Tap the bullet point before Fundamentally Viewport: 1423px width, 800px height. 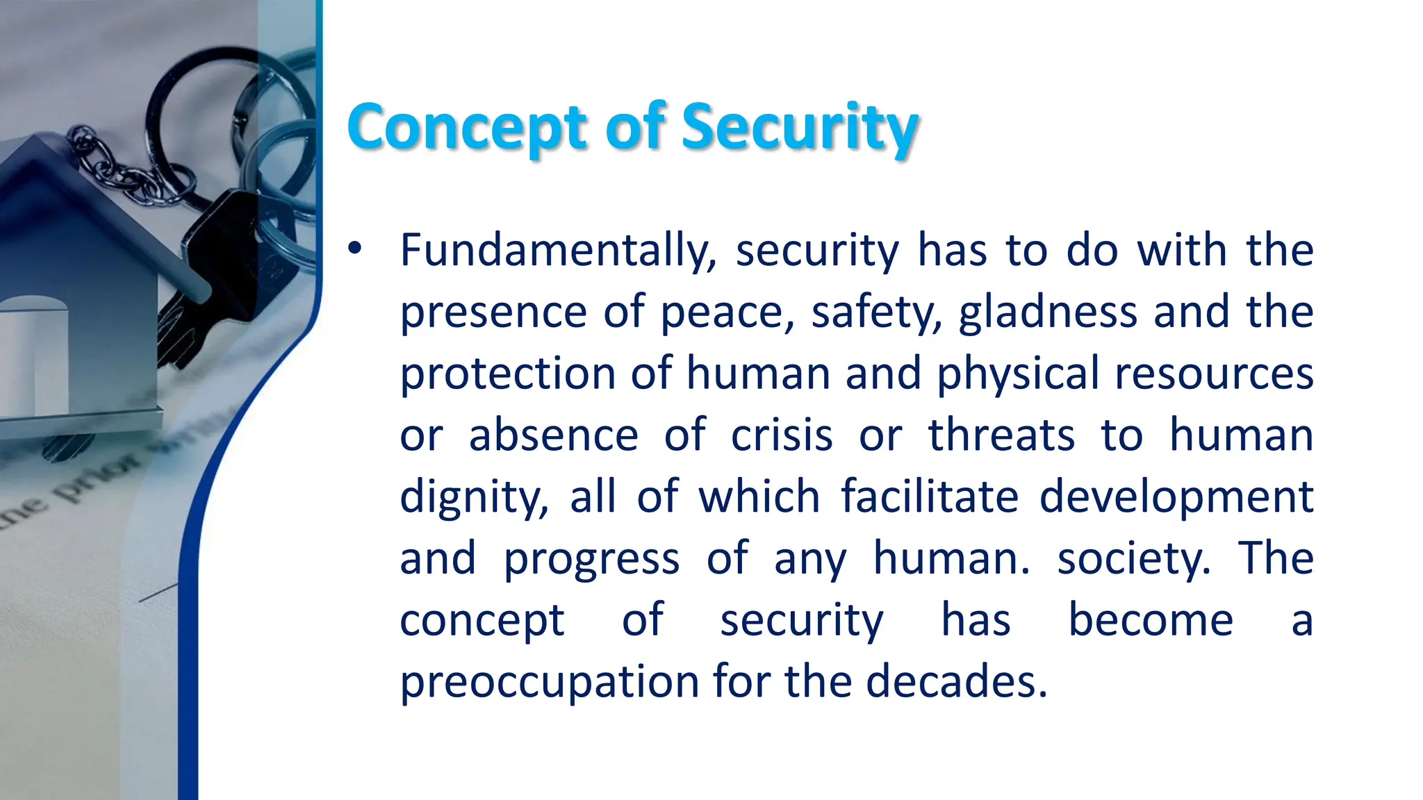point(355,250)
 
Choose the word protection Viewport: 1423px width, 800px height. point(508,374)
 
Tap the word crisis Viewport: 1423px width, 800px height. point(782,436)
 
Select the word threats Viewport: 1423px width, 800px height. point(1001,436)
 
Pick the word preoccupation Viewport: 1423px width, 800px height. point(549,683)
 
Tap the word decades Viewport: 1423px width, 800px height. point(956,681)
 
